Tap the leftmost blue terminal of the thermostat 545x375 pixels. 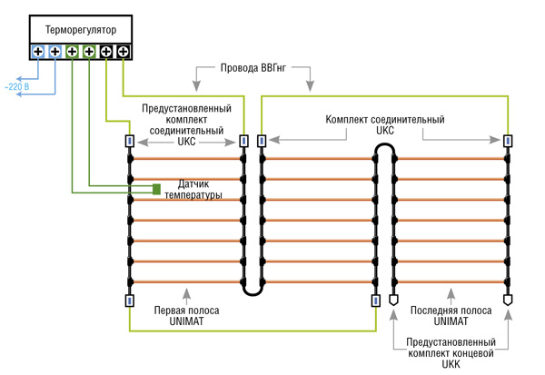[x=37, y=52]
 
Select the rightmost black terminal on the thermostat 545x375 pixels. [x=123, y=52]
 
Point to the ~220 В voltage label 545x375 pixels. [x=15, y=87]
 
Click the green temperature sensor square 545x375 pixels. [x=156, y=189]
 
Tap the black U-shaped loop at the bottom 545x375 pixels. [x=253, y=291]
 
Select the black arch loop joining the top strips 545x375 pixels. [x=384, y=148]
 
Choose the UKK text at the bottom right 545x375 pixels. [x=451, y=364]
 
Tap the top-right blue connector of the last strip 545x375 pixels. [x=507, y=142]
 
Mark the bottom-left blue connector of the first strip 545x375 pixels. [x=130, y=301]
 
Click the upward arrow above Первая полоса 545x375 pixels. [x=186, y=292]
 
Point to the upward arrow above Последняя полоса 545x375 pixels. [x=451, y=292]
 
